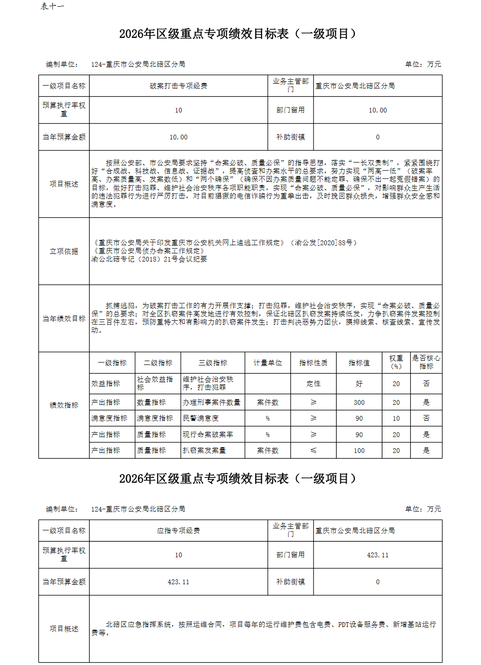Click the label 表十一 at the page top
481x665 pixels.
tap(52, 6)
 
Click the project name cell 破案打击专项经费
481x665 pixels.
tap(178, 86)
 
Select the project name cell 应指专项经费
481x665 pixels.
tap(178, 531)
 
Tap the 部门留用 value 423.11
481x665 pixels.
tap(378, 555)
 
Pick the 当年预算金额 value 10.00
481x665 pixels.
tap(178, 138)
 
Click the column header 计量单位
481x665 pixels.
tap(268, 363)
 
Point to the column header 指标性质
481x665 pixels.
tap(314, 363)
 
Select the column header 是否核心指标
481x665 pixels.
tap(426, 362)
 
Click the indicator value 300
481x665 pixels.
tap(359, 402)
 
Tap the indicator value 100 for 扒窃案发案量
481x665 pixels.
tap(359, 451)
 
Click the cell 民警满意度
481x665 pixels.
tap(201, 418)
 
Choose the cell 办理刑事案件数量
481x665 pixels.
tap(212, 402)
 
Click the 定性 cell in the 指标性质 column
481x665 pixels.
tap(314, 384)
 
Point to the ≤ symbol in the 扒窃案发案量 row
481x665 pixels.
tap(314, 451)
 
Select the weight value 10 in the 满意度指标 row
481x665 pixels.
tap(396, 418)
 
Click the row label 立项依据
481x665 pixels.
tap(64, 251)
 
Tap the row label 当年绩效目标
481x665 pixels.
tap(64, 319)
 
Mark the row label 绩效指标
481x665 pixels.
tap(64, 405)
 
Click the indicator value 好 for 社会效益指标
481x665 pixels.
tap(359, 384)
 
